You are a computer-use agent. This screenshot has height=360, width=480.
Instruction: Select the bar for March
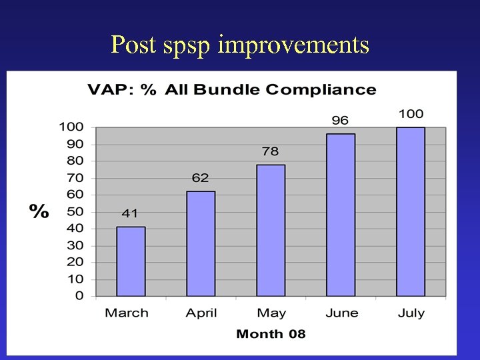click(131, 261)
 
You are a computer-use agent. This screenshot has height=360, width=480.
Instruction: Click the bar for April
click(201, 243)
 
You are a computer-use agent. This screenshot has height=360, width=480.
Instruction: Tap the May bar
click(271, 230)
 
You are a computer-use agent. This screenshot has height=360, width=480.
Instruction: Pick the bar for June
click(341, 215)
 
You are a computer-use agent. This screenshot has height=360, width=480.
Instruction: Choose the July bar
click(411, 211)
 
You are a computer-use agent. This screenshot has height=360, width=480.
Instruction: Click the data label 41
click(130, 214)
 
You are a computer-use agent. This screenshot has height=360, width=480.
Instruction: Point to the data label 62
click(200, 178)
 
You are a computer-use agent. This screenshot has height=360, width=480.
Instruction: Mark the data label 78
click(271, 151)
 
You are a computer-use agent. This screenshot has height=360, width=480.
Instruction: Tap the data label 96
click(341, 121)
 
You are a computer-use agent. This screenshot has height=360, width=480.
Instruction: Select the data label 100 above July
click(411, 114)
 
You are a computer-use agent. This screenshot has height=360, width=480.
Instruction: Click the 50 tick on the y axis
click(75, 211)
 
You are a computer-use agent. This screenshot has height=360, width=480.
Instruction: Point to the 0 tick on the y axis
click(79, 296)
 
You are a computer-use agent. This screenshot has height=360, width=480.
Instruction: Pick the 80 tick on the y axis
click(75, 161)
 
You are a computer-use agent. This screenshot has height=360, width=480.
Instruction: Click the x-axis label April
click(201, 313)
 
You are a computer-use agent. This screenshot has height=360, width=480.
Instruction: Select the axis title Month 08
click(271, 334)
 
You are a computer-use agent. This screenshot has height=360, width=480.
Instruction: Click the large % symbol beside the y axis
click(39, 212)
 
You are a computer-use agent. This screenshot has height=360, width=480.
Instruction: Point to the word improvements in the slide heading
click(293, 45)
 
